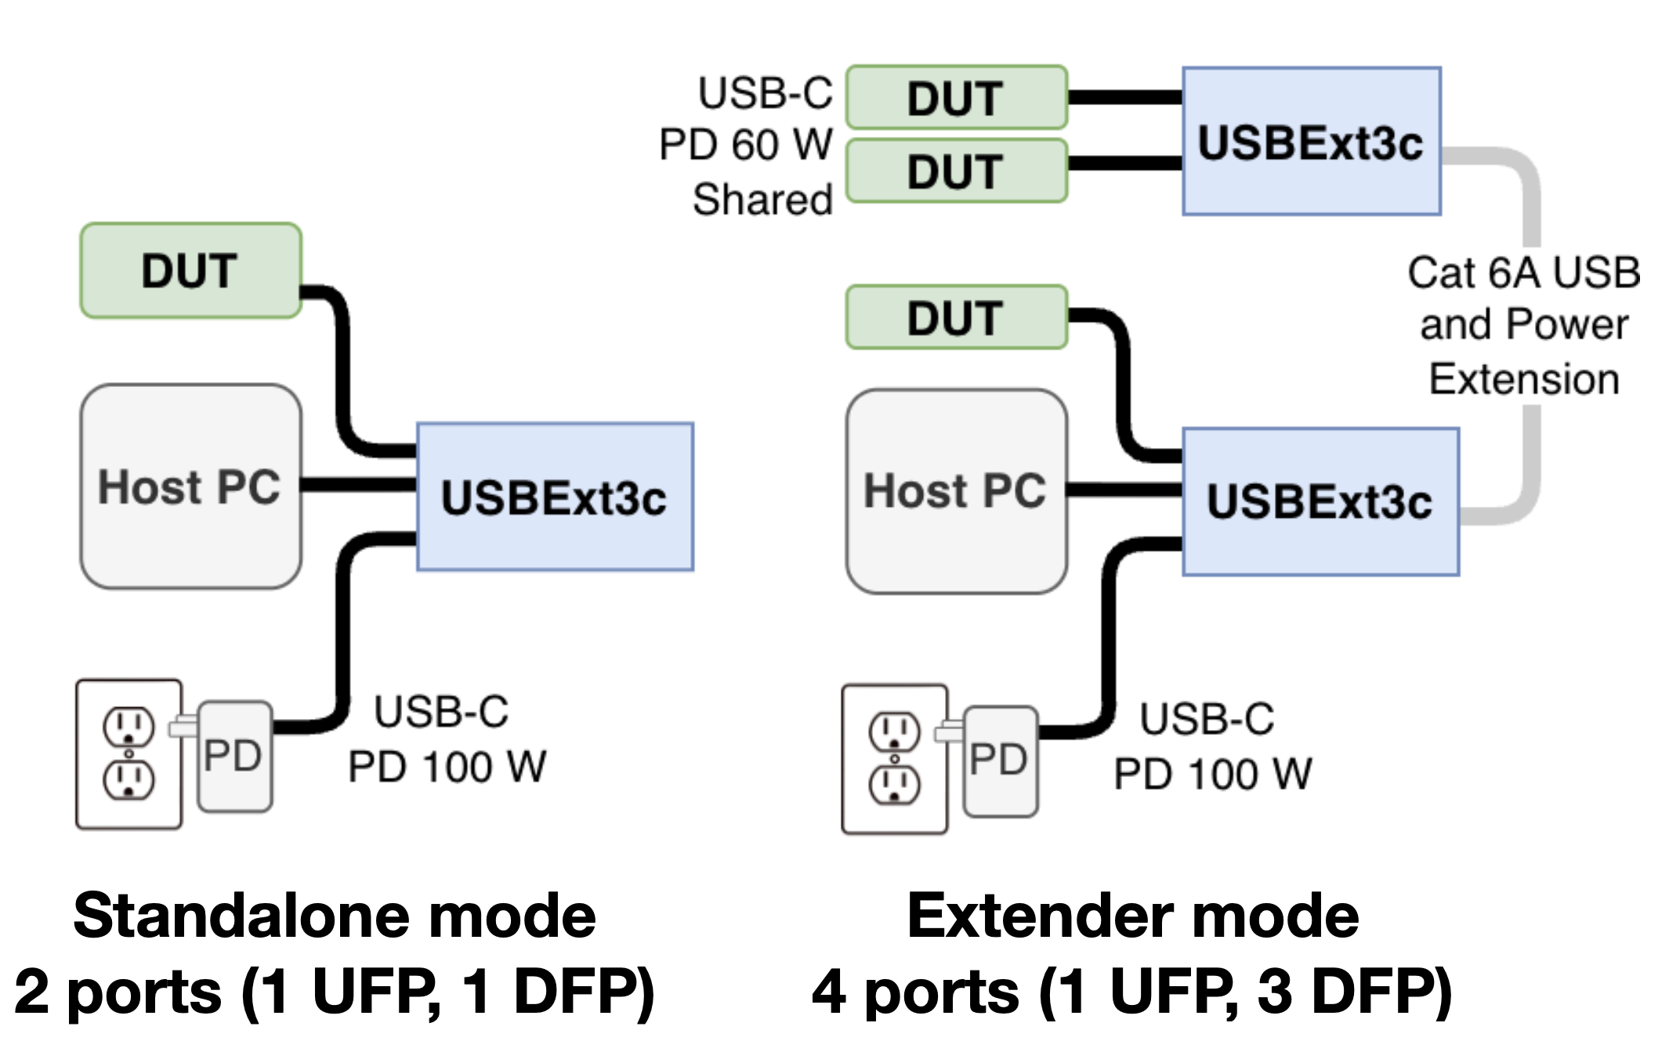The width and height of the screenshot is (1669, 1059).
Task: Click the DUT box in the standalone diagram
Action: (190, 270)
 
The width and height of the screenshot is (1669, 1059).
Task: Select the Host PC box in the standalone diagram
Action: (190, 486)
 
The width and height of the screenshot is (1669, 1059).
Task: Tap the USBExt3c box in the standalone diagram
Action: (555, 497)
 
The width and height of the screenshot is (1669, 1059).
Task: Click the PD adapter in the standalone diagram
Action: (234, 756)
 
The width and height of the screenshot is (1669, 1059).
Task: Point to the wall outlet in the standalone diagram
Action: (129, 754)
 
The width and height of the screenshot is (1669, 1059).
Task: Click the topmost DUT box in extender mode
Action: (956, 97)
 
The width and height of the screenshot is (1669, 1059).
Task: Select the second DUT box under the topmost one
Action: (956, 171)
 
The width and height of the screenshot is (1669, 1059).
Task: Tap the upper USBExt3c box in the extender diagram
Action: (1311, 142)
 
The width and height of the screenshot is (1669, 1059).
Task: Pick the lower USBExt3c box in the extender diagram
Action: (1320, 501)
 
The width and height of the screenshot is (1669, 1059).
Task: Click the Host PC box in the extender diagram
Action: (956, 491)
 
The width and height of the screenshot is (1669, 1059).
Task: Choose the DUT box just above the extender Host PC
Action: (956, 317)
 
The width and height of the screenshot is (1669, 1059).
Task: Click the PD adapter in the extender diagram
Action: (1000, 761)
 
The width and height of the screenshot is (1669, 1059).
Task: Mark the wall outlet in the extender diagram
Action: (894, 759)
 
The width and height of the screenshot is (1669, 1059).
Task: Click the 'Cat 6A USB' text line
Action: (1523, 273)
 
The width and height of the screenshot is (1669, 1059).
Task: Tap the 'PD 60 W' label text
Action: (745, 145)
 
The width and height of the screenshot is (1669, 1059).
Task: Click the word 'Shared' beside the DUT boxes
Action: (762, 199)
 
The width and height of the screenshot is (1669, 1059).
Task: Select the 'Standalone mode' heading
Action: (335, 916)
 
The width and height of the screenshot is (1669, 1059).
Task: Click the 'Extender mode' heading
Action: (1133, 916)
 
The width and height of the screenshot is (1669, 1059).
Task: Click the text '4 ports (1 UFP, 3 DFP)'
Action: (1131, 992)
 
